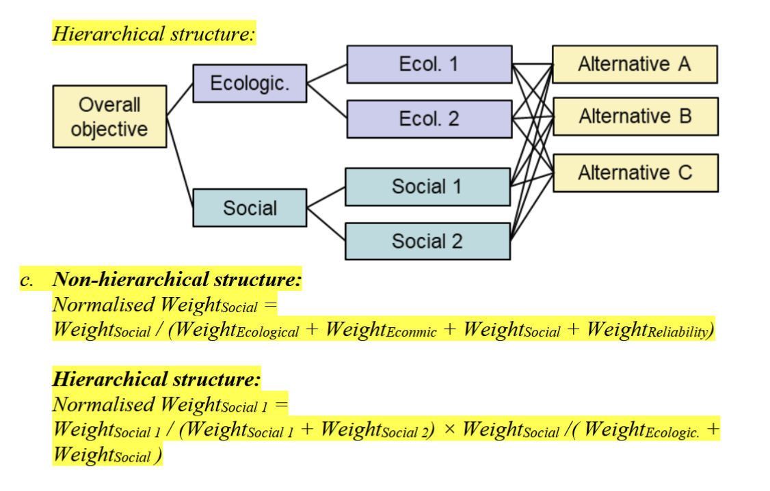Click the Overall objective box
pos(109,116)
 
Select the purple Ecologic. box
pos(250,83)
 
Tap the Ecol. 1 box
pos(429,64)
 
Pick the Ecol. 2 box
pos(429,119)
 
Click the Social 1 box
pos(427,186)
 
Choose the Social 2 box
pos(427,241)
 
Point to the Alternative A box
pos(635,64)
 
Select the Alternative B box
pos(635,116)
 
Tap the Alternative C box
pos(635,173)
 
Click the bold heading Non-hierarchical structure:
pos(177,279)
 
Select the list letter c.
pos(26,281)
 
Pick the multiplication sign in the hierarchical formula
pos(449,430)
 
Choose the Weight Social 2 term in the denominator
pos(377,430)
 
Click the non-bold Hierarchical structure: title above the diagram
pos(154,33)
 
